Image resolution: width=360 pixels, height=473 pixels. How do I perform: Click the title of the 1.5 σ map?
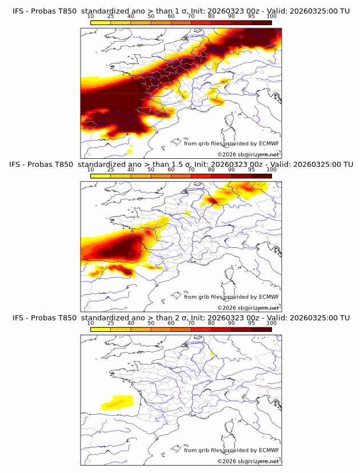(181, 165)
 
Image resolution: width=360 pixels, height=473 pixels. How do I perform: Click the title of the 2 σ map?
(181, 318)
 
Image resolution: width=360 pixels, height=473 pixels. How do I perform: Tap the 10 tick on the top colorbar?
(91, 17)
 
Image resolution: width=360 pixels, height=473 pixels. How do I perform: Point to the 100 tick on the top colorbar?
(271, 17)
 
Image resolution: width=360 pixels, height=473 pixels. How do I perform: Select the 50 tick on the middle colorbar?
(151, 170)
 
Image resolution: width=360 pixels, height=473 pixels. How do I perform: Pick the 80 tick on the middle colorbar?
(211, 170)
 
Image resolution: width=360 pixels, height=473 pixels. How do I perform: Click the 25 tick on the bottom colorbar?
(111, 323)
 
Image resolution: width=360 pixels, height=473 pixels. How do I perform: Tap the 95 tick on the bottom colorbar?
(251, 323)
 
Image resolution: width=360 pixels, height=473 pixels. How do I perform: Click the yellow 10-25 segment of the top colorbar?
(101, 22)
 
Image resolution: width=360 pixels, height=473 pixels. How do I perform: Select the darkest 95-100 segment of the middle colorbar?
(261, 176)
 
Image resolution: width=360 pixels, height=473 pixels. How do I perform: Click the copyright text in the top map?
(248, 155)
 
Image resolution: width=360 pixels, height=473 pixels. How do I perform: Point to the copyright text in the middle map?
(248, 308)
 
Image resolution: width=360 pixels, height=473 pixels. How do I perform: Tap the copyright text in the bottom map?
(248, 461)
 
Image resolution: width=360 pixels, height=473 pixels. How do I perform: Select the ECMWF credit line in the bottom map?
(231, 450)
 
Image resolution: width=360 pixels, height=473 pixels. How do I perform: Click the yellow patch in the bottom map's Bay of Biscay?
(117, 403)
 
